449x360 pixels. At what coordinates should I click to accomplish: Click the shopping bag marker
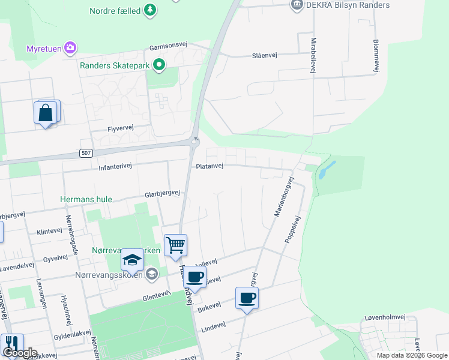pos(46,112)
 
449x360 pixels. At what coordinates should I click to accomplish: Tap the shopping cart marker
pos(175,245)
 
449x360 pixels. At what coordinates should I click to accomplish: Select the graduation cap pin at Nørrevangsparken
pos(132,260)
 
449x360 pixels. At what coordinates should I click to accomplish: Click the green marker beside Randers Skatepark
pos(158,65)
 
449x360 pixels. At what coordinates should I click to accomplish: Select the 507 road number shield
pos(86,154)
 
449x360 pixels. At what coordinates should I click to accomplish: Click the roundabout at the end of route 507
pos(194,142)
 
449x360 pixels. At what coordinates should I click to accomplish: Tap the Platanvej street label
pos(209,166)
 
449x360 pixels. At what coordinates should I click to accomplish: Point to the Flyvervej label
pos(119,128)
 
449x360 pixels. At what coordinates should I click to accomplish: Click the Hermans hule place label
pos(86,199)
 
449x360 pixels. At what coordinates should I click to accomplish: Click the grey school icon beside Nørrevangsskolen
pos(152,274)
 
